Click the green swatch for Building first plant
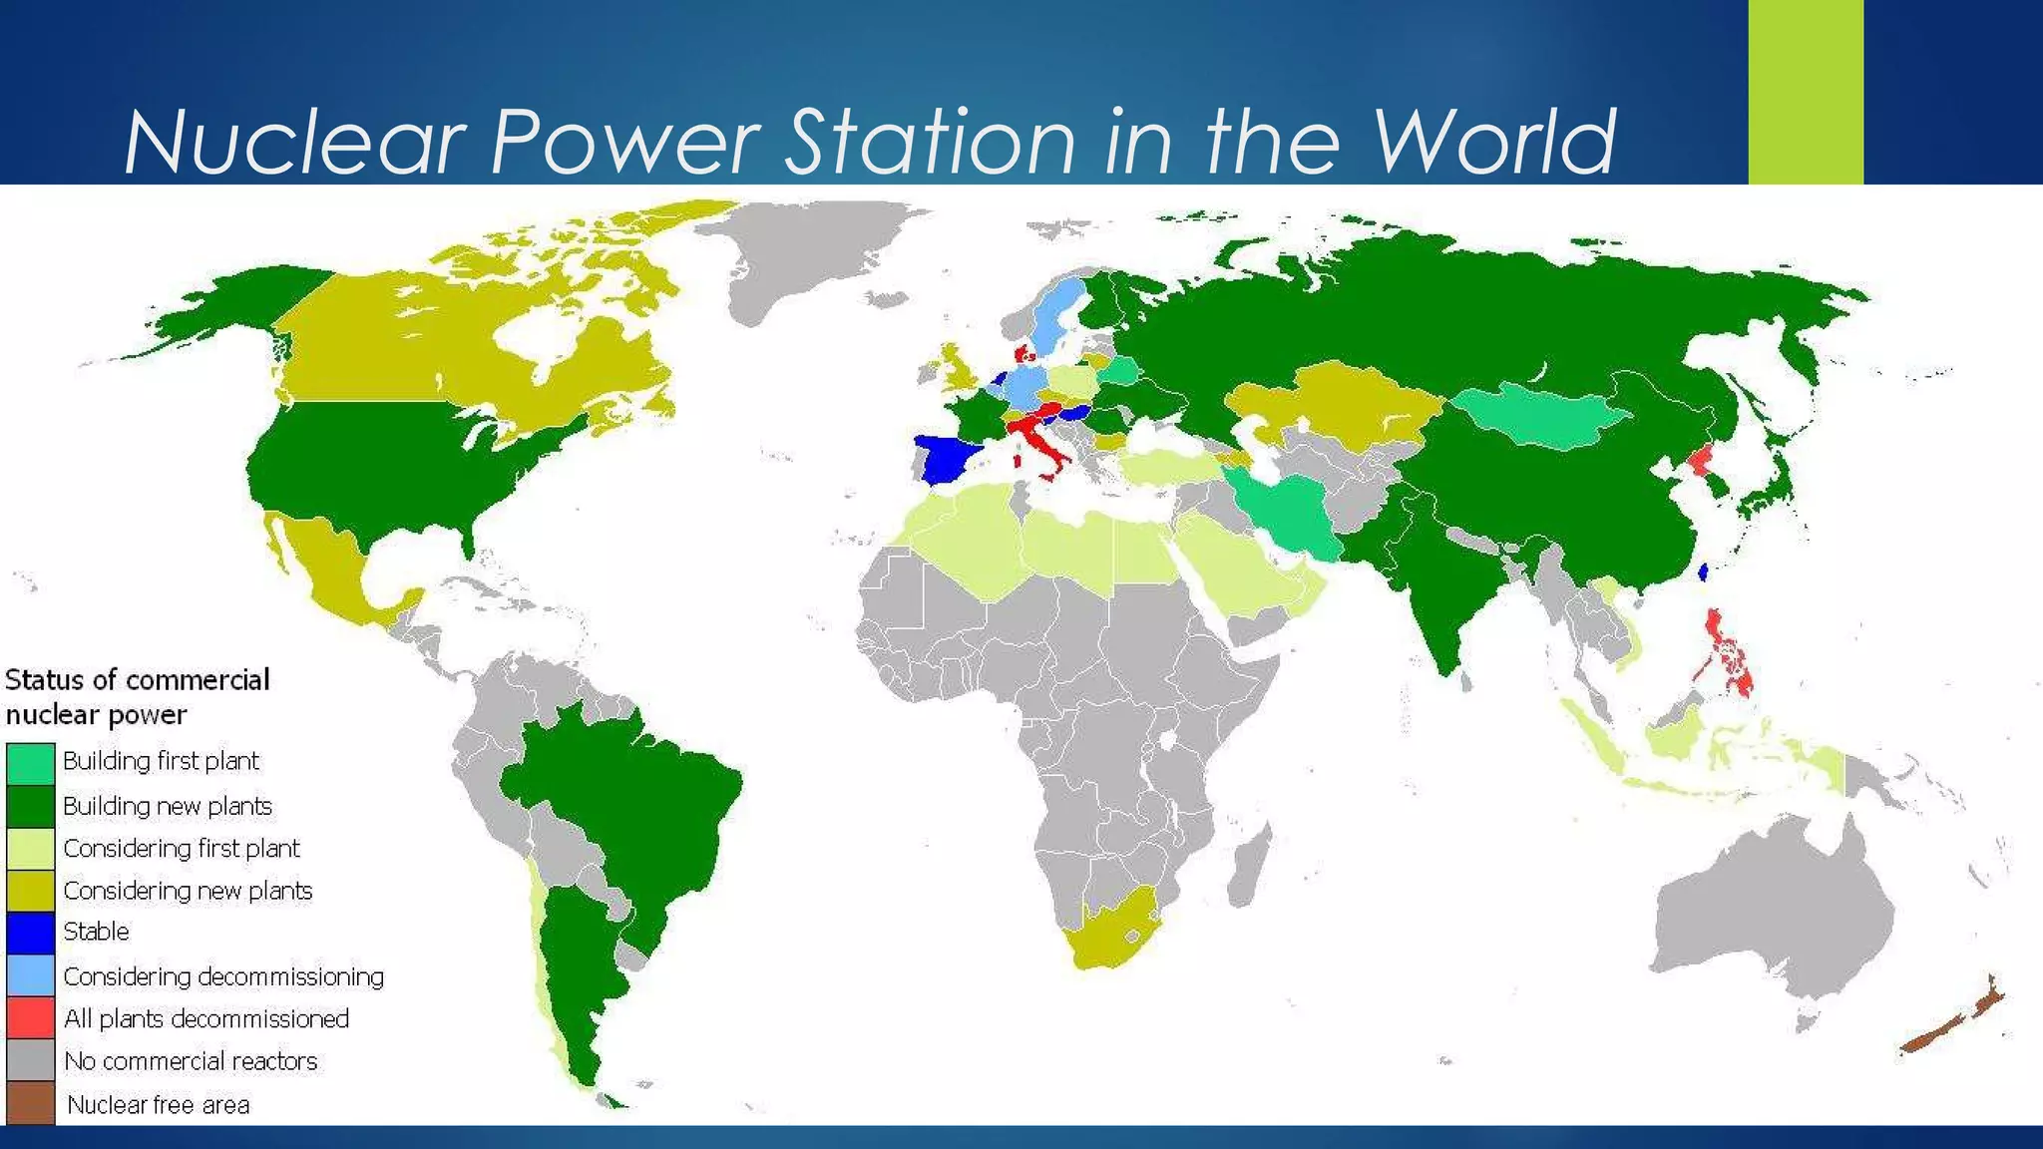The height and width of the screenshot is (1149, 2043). (x=30, y=764)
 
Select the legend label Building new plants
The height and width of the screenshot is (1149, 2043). (x=168, y=806)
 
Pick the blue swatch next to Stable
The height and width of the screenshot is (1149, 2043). (x=30, y=933)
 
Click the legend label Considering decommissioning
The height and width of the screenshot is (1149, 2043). (x=223, y=976)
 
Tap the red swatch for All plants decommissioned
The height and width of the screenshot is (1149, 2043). (x=30, y=1018)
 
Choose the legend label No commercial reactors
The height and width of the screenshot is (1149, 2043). (x=191, y=1061)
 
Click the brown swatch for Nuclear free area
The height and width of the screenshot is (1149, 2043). (x=30, y=1103)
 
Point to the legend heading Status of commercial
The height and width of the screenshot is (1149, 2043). (x=138, y=680)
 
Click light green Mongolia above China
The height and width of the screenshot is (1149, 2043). (x=1541, y=414)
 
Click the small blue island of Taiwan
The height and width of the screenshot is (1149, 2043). (x=1703, y=572)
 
